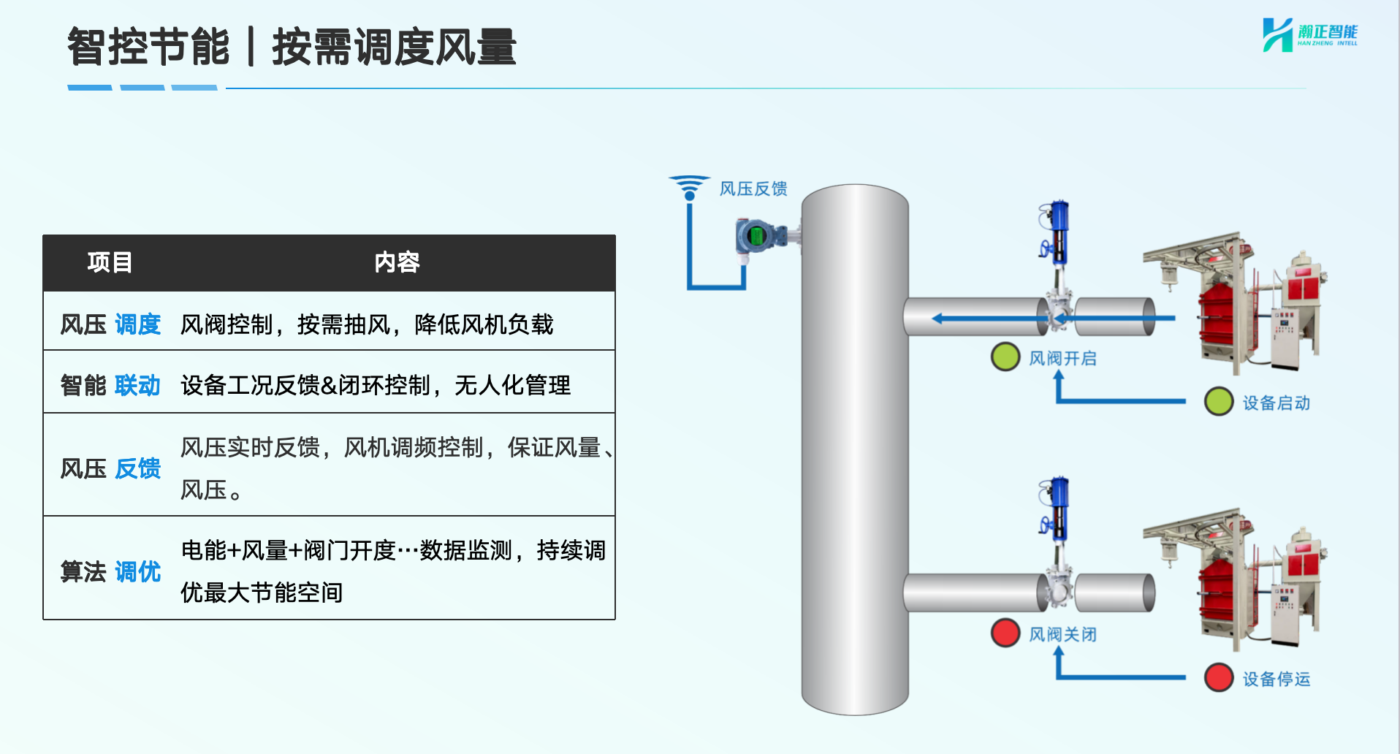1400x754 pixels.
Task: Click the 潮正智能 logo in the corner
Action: pos(1310,34)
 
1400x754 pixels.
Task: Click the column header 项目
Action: pos(110,262)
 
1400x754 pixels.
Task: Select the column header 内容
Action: pos(397,262)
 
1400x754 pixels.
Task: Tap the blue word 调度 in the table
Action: pos(137,324)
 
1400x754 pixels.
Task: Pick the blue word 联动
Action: pos(137,385)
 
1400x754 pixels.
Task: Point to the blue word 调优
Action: pos(137,571)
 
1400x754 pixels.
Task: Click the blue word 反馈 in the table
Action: pos(137,468)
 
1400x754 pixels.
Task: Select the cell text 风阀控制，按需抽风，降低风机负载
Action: pos(367,324)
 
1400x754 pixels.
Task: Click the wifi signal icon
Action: pos(689,187)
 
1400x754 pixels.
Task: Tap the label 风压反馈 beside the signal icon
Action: pos(753,189)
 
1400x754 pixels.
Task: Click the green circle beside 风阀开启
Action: pos(1005,357)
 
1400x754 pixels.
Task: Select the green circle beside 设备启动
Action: pos(1219,401)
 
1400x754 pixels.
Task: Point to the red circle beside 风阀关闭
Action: pos(1005,633)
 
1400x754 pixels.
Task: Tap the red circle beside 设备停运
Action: pos(1219,677)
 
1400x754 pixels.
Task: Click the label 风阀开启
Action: pos(1063,359)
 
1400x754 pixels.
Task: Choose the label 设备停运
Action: pos(1277,679)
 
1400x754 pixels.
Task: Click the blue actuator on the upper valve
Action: pos(1057,232)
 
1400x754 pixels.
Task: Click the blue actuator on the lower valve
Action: pos(1057,509)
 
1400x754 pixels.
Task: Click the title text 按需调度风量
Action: pos(395,47)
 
